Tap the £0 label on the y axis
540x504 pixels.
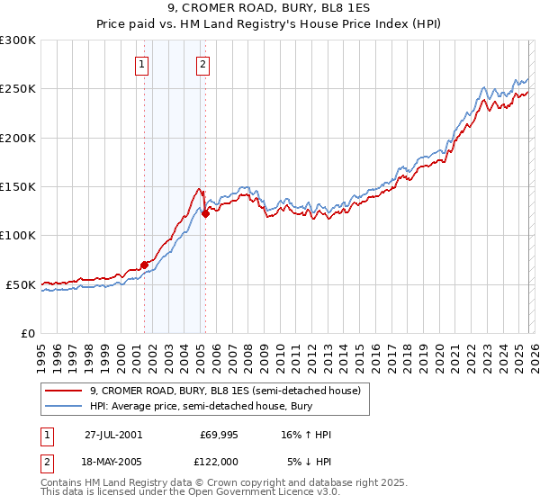pos(26,333)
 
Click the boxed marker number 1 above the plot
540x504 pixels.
pos(143,64)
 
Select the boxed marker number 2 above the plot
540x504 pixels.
pos(203,64)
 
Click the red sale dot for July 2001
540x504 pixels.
pos(144,265)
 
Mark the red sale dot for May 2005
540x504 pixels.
pos(205,213)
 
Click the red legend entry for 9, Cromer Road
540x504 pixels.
pos(225,391)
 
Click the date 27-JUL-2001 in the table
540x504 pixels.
pos(112,435)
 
